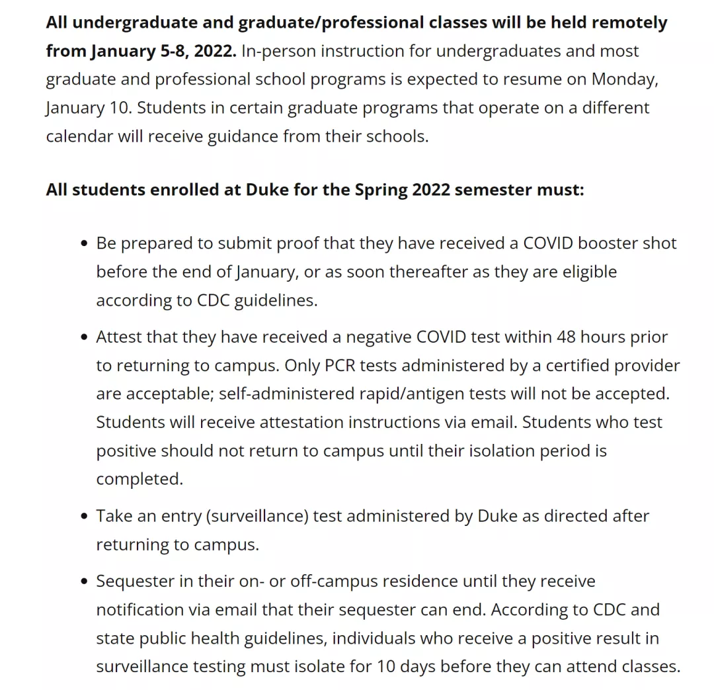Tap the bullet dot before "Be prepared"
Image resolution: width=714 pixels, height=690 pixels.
point(83,243)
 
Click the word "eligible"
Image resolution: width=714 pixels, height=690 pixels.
point(590,271)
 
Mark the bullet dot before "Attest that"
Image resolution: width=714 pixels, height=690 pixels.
point(83,337)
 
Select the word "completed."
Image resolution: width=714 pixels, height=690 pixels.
point(139,479)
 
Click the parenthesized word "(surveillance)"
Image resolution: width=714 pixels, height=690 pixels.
point(258,516)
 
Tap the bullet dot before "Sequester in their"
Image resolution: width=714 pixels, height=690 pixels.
point(83,582)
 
